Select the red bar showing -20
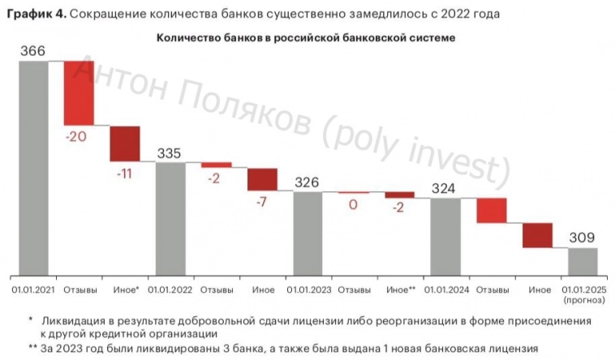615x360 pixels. [80, 92]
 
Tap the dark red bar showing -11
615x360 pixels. [125, 144]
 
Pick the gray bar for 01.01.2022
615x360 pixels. [170, 219]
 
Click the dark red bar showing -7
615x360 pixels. [262, 179]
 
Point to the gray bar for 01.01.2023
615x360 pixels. [308, 234]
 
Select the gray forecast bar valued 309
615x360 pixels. [583, 262]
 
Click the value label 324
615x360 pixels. [445, 189]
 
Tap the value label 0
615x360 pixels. [354, 205]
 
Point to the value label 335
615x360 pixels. [170, 153]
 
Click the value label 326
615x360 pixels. [308, 182]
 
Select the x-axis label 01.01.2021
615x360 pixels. [33, 289]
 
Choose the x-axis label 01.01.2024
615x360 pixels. [445, 289]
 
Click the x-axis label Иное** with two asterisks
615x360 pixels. [400, 289]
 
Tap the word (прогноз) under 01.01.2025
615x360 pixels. [583, 299]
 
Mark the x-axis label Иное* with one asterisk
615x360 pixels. [126, 289]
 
